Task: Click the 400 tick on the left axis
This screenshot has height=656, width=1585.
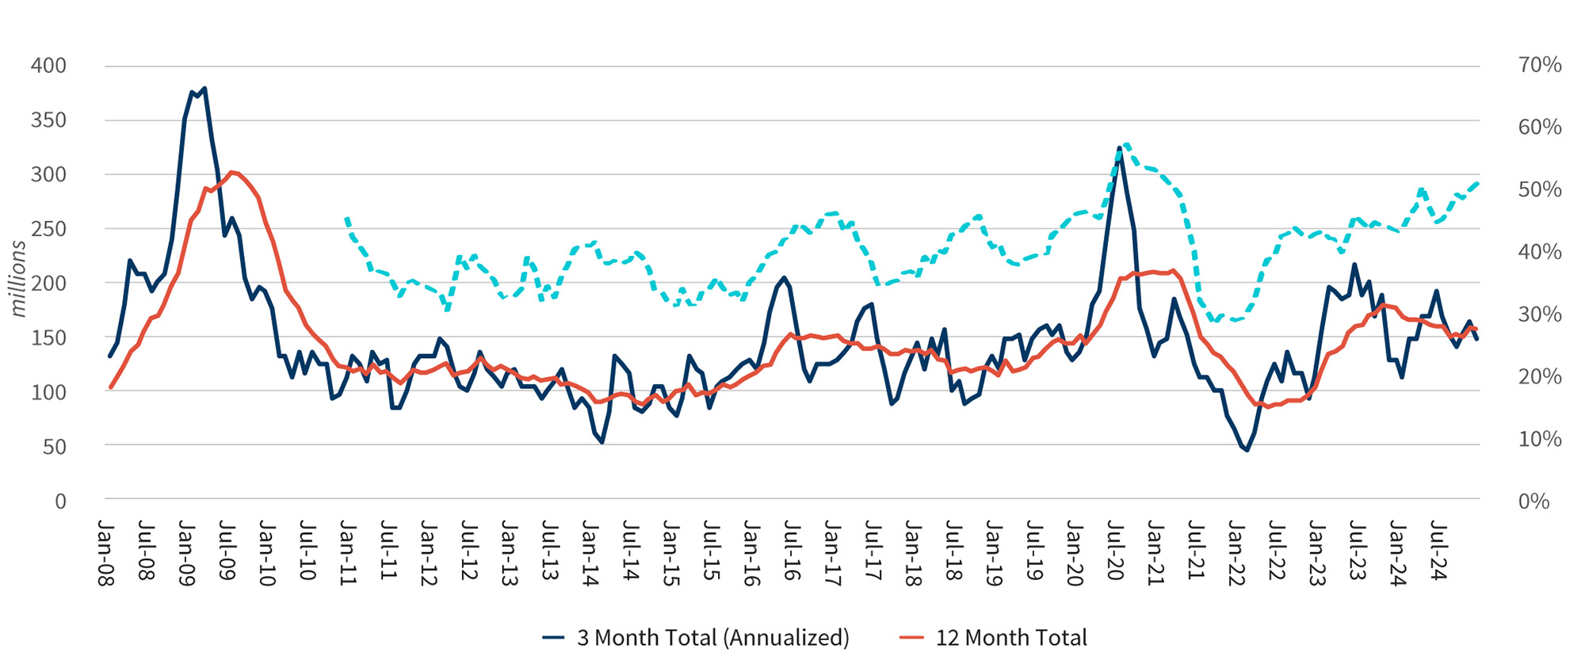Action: (x=48, y=66)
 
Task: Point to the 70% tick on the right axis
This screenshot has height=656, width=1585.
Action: (x=1539, y=65)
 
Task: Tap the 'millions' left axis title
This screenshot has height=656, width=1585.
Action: (x=18, y=278)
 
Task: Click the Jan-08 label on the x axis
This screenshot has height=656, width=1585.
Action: (x=105, y=552)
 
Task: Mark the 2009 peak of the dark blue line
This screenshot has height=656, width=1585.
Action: (x=204, y=89)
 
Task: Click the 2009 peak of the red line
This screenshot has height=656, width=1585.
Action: (x=231, y=172)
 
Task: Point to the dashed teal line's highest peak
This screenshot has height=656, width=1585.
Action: (x=1126, y=144)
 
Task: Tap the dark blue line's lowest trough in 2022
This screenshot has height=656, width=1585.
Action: (x=1247, y=450)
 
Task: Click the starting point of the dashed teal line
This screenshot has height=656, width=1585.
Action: (x=346, y=218)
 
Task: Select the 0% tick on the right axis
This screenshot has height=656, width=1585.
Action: (x=1533, y=502)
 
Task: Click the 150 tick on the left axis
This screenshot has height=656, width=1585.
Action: (x=48, y=338)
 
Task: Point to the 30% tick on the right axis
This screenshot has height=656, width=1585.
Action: (x=1539, y=315)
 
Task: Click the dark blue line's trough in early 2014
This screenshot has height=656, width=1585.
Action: (x=602, y=442)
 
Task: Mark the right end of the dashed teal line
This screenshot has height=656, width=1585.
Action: (x=1477, y=184)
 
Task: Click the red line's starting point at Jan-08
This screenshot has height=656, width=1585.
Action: (x=110, y=387)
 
